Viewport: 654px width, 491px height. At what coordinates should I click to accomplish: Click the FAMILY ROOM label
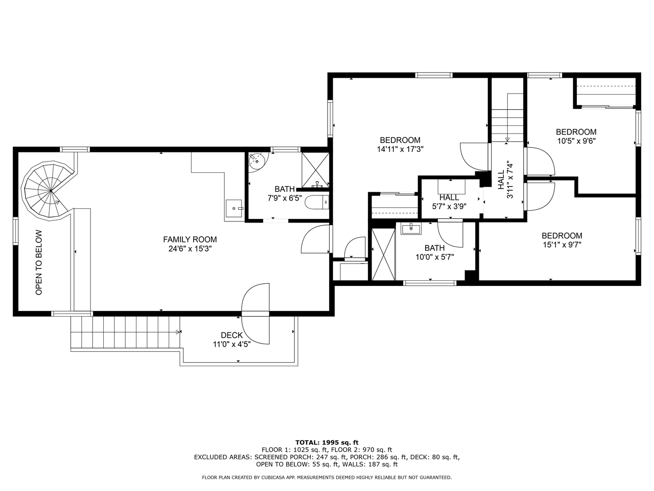pyautogui.click(x=190, y=239)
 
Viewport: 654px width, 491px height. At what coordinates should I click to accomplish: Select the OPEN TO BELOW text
pyautogui.click(x=39, y=262)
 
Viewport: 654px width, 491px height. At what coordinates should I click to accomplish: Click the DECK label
pyautogui.click(x=231, y=336)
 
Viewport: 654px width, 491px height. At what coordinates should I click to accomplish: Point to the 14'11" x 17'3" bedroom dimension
pyautogui.click(x=400, y=149)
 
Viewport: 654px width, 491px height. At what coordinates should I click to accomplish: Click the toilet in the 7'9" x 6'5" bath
pyautogui.click(x=317, y=203)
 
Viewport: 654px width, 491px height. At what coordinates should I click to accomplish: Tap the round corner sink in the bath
pyautogui.click(x=258, y=162)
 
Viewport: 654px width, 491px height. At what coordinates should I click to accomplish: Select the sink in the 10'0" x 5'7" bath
pyautogui.click(x=411, y=229)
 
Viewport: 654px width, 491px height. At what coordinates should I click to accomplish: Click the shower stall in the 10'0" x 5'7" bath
pyautogui.click(x=384, y=254)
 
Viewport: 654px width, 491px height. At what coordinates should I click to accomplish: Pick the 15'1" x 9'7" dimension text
pyautogui.click(x=562, y=245)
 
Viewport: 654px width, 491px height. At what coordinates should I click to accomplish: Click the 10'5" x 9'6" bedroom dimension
pyautogui.click(x=576, y=141)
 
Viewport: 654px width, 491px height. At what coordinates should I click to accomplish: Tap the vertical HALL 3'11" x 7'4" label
pyautogui.click(x=505, y=181)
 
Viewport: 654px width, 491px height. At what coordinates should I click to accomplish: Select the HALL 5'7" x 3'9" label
pyautogui.click(x=449, y=202)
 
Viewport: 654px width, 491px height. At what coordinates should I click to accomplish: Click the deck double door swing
pyautogui.click(x=255, y=314)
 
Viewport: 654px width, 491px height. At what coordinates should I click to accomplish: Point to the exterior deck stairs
pyautogui.click(x=126, y=332)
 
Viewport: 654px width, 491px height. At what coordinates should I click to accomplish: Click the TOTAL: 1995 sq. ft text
pyautogui.click(x=327, y=443)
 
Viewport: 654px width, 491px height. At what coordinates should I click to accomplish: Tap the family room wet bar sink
pyautogui.click(x=234, y=208)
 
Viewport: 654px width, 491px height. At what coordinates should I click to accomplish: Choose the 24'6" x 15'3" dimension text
pyautogui.click(x=190, y=249)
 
